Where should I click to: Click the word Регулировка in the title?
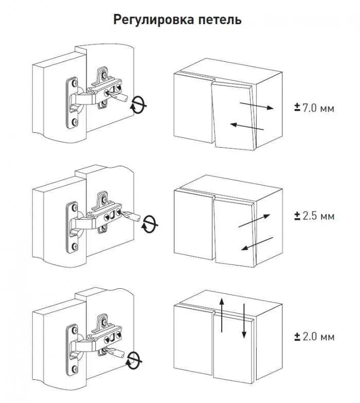click(x=154, y=21)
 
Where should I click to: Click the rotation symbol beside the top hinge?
click(x=138, y=104)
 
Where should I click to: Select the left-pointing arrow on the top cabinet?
click(x=247, y=127)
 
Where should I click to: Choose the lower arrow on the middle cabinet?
click(x=257, y=244)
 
